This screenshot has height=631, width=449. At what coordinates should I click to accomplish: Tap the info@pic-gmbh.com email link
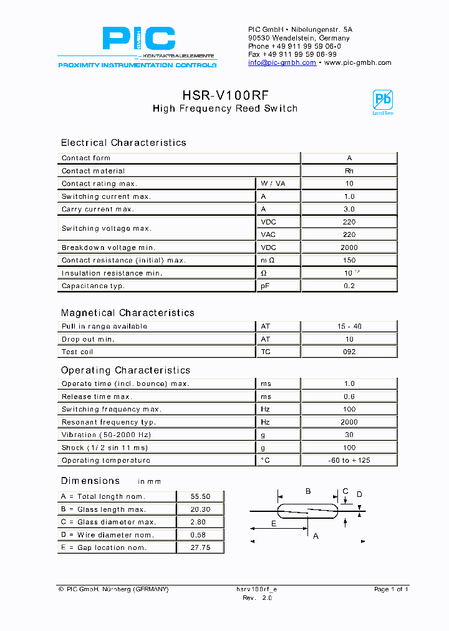coord(282,63)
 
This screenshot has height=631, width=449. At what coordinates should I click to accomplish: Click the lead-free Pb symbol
coord(382,102)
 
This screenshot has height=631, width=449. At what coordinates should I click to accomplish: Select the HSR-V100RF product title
coord(225,95)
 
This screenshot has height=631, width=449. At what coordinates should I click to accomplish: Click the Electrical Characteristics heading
coord(123,143)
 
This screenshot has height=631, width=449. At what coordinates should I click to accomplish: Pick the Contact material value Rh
coord(349,171)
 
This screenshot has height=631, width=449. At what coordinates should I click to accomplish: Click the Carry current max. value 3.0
coord(349,210)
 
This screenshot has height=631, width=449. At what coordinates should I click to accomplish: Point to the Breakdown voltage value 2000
coord(349,248)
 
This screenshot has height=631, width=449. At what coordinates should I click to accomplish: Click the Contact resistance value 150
coord(349,261)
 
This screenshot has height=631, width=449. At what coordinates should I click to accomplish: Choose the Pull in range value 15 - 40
coord(349,327)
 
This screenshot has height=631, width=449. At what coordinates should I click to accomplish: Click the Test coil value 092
coord(349,352)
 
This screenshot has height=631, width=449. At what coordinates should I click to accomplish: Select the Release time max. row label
coord(97,397)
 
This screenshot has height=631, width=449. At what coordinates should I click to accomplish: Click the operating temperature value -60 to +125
coord(349,461)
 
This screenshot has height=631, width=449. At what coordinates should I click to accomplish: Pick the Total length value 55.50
coord(200,496)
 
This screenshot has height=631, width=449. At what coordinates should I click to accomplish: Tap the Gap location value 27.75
coord(200,547)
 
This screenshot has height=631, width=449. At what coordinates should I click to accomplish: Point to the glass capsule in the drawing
coord(307,511)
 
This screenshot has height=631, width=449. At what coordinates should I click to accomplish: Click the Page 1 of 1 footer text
coord(391,589)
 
